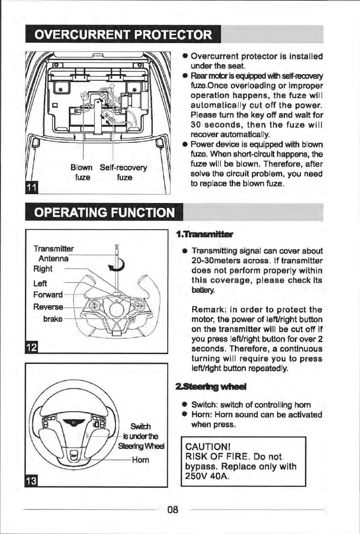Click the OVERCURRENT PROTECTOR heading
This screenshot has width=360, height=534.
(x=123, y=34)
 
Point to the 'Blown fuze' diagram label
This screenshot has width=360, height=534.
(x=81, y=172)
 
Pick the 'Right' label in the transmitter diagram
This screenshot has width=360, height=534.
(x=43, y=269)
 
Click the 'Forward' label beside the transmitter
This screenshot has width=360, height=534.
(x=47, y=295)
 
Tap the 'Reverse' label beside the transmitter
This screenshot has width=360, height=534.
(x=47, y=307)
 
